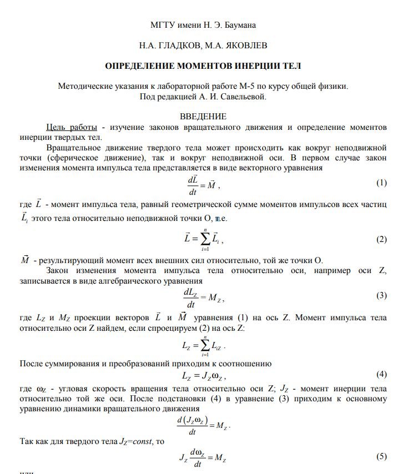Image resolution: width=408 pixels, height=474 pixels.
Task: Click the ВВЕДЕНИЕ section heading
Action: point(203,117)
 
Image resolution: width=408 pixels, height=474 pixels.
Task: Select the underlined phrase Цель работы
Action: point(72,127)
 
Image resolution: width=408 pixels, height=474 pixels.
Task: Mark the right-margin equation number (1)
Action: point(381,183)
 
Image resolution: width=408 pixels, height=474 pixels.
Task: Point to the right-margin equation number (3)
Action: point(381,295)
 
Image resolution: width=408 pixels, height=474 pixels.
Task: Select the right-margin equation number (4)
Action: point(381,374)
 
